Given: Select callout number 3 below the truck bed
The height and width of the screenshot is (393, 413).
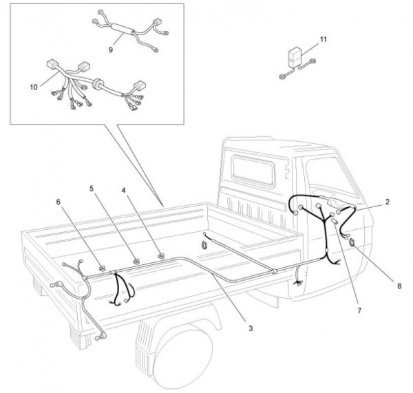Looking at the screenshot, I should coord(251,328).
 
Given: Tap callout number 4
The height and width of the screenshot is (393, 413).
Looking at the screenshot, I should coord(124,189).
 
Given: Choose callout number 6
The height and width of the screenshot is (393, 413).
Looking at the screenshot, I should coord(59,202).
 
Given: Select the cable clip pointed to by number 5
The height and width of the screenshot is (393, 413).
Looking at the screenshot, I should coord(136,261).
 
